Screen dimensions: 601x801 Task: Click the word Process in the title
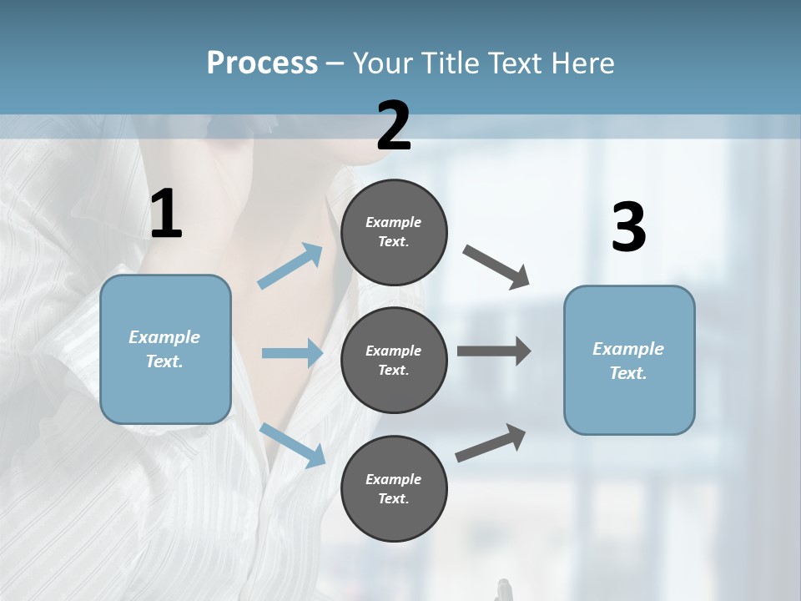[x=262, y=63]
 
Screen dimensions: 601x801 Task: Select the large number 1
[x=165, y=214]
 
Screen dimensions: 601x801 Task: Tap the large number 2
[x=394, y=126]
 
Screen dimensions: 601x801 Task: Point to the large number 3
[x=628, y=228]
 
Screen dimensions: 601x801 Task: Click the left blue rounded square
[x=165, y=349]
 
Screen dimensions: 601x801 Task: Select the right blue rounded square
[x=629, y=360]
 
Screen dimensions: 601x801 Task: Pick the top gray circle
[x=394, y=232]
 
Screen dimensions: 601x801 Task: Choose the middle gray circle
[x=394, y=360]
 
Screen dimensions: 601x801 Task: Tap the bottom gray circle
[x=394, y=488]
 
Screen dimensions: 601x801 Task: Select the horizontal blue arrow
[x=292, y=353]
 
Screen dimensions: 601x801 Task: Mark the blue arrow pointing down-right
[x=292, y=445]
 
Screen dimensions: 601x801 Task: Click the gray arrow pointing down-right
[x=496, y=267]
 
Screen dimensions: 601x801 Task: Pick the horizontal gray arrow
[x=493, y=351]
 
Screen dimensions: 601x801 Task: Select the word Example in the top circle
[x=393, y=222]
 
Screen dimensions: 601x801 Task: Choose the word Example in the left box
[x=164, y=337]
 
